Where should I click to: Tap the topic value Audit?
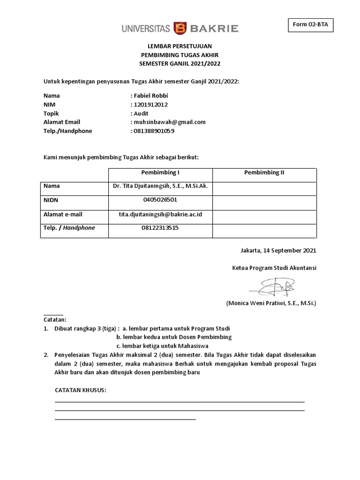click(x=141, y=113)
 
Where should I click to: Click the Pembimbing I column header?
click(x=160, y=172)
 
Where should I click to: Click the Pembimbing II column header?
click(x=264, y=172)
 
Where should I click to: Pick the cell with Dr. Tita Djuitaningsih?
click(x=160, y=186)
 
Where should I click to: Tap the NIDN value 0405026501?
click(x=160, y=200)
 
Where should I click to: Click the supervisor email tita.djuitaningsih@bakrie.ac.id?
click(x=160, y=214)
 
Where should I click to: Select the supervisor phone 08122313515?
click(x=160, y=228)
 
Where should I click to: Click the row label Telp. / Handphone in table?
click(x=69, y=228)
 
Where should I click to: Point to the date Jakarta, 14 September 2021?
click(x=278, y=250)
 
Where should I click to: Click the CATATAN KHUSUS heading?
click(x=81, y=390)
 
